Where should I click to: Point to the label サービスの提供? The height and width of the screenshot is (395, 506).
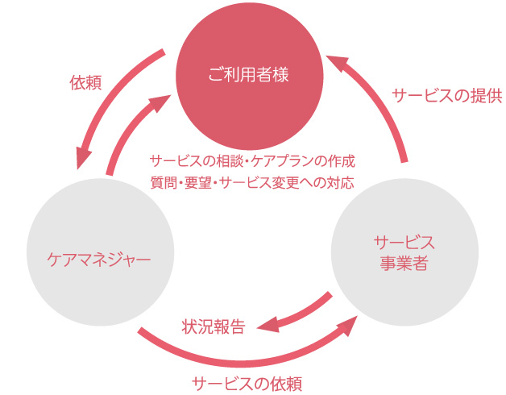click(446, 96)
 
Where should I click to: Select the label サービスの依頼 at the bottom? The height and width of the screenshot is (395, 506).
click(247, 382)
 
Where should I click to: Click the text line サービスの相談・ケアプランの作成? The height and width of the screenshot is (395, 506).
click(252, 160)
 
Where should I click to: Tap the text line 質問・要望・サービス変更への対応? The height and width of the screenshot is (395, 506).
click(252, 182)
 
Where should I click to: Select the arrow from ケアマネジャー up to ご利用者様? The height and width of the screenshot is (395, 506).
click(129, 129)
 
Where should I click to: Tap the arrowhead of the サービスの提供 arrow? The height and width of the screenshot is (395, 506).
click(337, 61)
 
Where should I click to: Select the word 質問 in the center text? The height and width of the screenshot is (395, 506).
click(162, 182)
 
